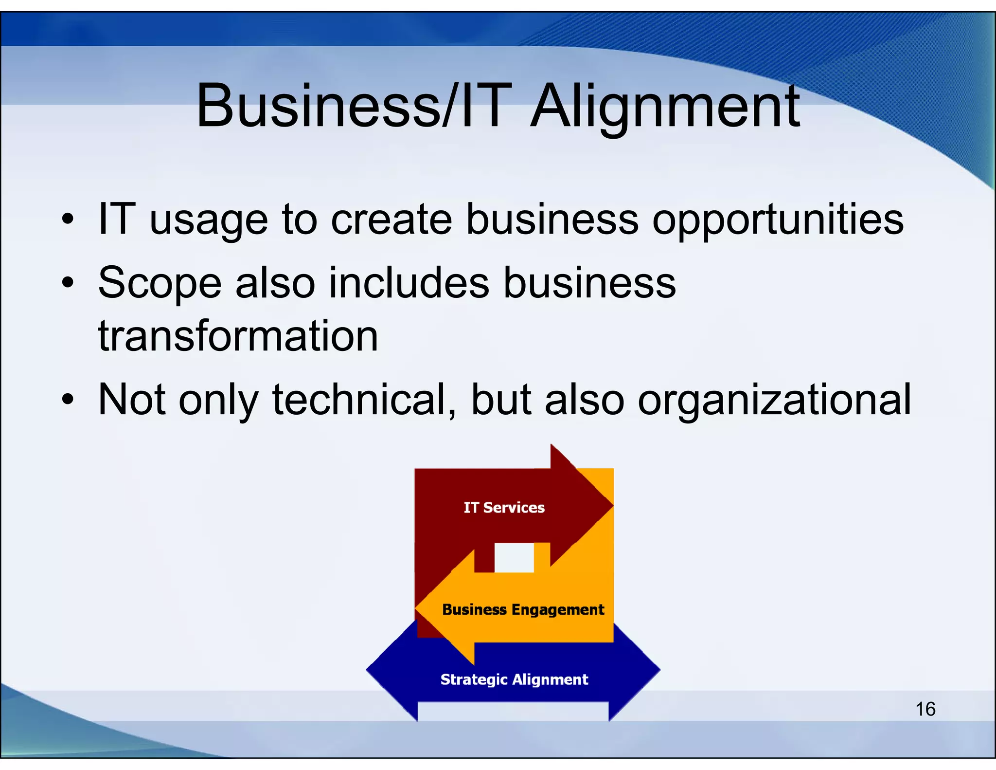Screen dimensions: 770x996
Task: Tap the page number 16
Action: point(925,709)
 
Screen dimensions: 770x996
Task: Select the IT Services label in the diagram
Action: point(504,508)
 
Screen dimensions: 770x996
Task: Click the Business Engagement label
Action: point(523,609)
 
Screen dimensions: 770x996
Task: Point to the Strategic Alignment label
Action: point(514,679)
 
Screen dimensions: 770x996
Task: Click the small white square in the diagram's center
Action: point(514,558)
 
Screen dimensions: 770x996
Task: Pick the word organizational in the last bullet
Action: point(774,401)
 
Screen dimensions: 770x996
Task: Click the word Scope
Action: point(160,284)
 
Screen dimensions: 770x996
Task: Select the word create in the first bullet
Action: point(391,220)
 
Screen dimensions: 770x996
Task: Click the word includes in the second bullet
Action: point(409,283)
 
